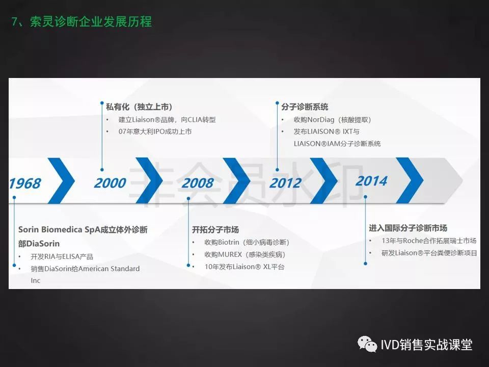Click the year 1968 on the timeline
pos(25,183)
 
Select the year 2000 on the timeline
pos(110,183)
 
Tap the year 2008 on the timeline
pos(198,183)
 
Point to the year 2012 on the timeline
pos(285,183)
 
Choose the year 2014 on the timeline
pos(371,181)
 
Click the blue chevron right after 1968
pos(62,180)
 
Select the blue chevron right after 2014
pos(410,180)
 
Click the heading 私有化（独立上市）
pos(139,107)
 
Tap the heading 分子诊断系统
pos(305,107)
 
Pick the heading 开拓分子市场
pos(215,230)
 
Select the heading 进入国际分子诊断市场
pos(408,228)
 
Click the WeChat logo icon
pos(367,344)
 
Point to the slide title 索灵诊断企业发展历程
pos(91,22)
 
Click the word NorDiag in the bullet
pos(321,120)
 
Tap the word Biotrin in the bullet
pos(228,242)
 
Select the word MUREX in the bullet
pos(230,255)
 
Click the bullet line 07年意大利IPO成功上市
pos(155,132)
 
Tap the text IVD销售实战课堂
pos(426,345)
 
